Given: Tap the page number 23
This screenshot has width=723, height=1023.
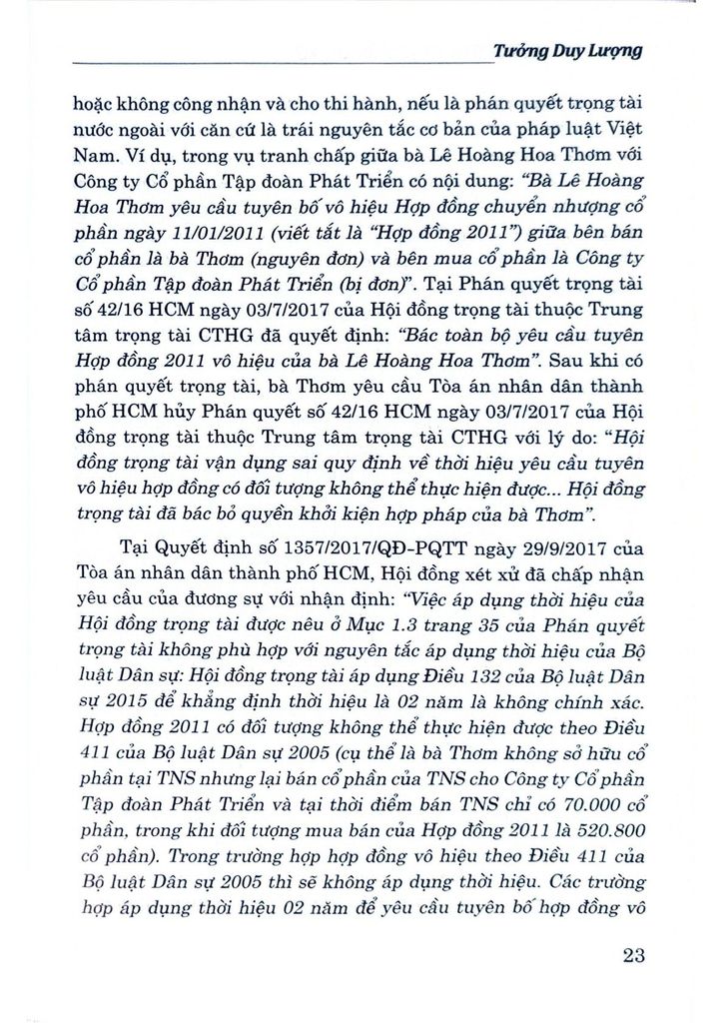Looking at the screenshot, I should (632, 954).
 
